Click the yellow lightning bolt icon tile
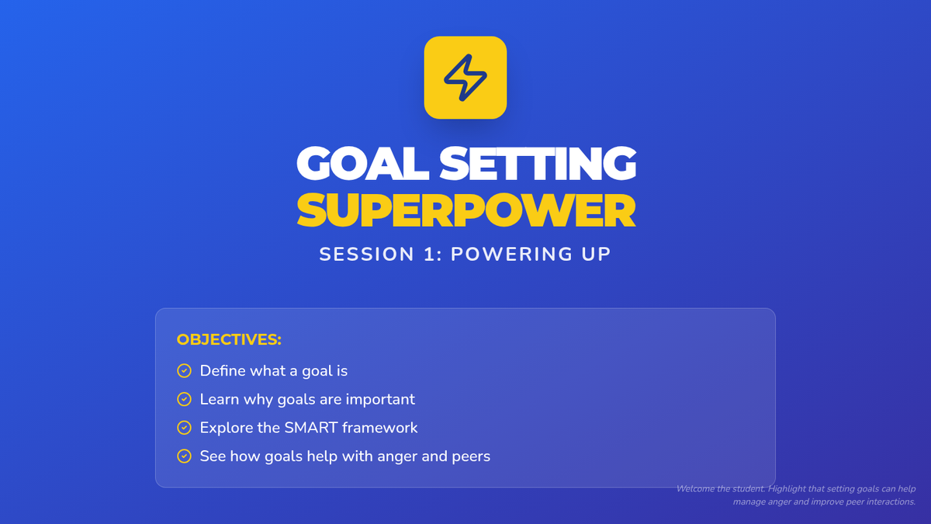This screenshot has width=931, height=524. [x=465, y=78]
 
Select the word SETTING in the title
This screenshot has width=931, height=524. [x=538, y=163]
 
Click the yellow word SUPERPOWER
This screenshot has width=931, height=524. [x=466, y=210]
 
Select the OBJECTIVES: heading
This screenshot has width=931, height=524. [x=229, y=339]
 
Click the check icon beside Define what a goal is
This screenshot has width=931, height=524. [x=184, y=370]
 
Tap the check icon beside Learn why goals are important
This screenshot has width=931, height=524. [x=184, y=399]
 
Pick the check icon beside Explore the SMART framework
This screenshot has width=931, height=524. [x=184, y=428]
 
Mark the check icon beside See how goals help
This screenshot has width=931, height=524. [x=184, y=456]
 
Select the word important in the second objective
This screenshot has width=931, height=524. [x=380, y=400]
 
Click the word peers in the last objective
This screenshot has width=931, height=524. [x=471, y=457]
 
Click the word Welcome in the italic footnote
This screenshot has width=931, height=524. [x=696, y=488]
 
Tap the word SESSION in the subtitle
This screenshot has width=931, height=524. [x=366, y=254]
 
